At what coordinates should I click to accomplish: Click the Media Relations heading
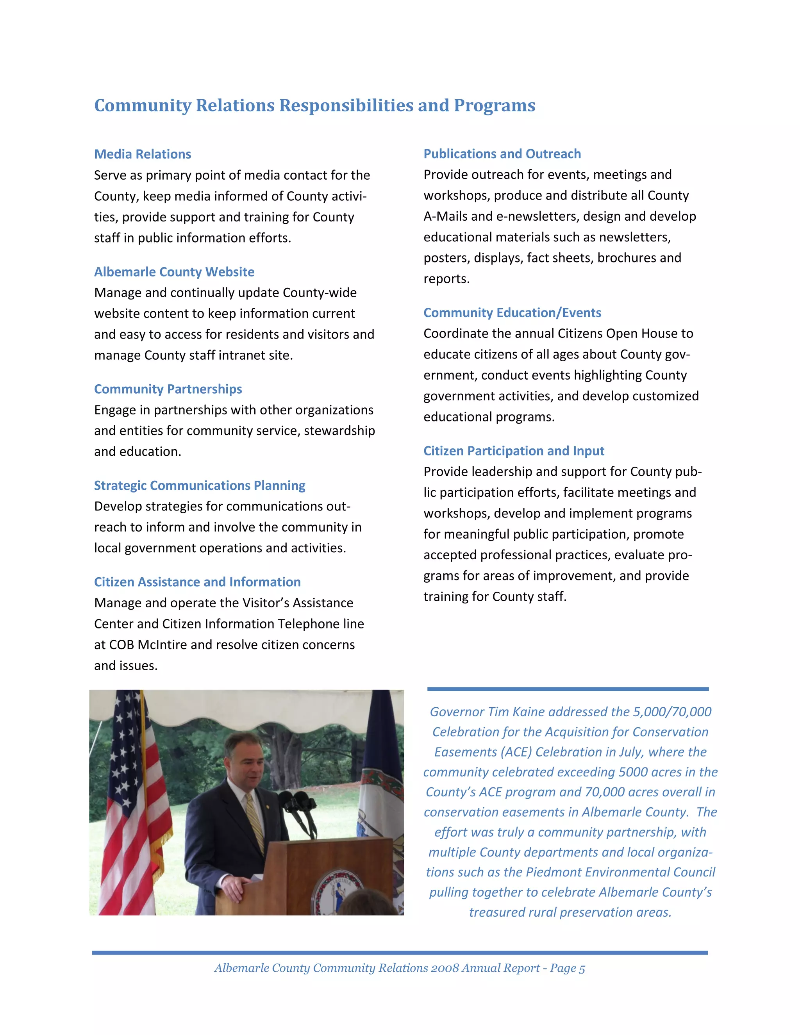(142, 154)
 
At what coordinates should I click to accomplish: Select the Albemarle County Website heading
(174, 271)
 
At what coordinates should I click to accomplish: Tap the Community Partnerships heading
(168, 389)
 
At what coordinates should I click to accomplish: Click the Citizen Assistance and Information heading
(197, 582)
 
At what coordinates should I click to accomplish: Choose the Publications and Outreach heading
(502, 153)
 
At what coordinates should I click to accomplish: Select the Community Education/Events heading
(512, 312)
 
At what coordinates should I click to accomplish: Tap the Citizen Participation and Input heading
(514, 450)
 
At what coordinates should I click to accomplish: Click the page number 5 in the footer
(582, 968)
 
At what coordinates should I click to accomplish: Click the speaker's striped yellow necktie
(255, 820)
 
